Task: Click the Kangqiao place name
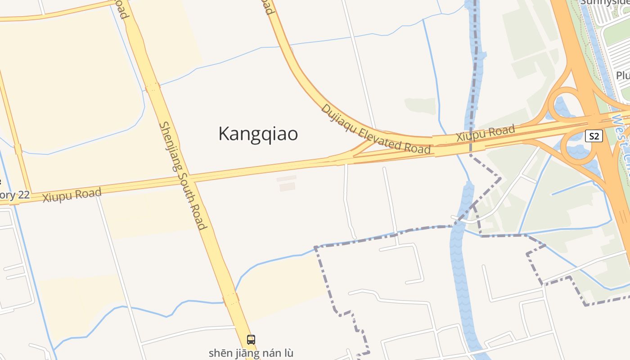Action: coord(258,134)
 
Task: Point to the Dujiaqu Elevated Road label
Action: coord(376,130)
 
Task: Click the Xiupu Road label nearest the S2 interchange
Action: coord(486,134)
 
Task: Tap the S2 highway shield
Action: coord(594,136)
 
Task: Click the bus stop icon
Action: coord(251,340)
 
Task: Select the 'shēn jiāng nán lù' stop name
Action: coord(251,353)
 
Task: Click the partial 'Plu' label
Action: coord(622,75)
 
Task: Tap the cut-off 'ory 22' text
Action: coord(14,195)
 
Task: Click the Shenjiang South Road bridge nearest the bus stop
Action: coord(230,298)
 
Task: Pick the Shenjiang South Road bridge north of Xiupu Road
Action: coord(153,87)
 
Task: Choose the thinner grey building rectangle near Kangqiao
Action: coord(286,179)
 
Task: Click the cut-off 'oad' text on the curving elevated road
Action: coord(268,7)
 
